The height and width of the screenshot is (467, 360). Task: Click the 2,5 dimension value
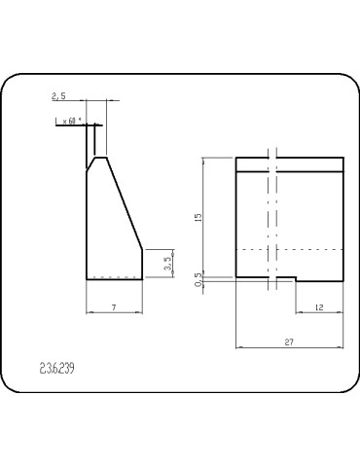click(57, 97)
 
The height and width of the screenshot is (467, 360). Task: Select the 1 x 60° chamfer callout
click(69, 122)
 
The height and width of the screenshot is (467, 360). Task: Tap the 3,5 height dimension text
click(167, 263)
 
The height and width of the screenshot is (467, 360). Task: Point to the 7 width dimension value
click(114, 306)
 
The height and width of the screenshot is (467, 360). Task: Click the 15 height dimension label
click(198, 217)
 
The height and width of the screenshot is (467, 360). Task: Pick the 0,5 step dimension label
click(198, 279)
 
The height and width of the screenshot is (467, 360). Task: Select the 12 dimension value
click(320, 307)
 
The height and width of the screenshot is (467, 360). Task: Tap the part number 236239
click(58, 369)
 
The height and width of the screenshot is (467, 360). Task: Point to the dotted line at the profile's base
click(114, 272)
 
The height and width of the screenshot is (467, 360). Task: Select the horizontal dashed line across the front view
click(290, 249)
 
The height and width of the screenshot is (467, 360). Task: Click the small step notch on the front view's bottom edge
click(296, 281)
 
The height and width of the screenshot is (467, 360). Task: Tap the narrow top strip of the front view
click(290, 164)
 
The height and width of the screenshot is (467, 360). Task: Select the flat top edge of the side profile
click(100, 156)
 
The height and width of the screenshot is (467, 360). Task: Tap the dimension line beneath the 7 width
click(115, 313)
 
